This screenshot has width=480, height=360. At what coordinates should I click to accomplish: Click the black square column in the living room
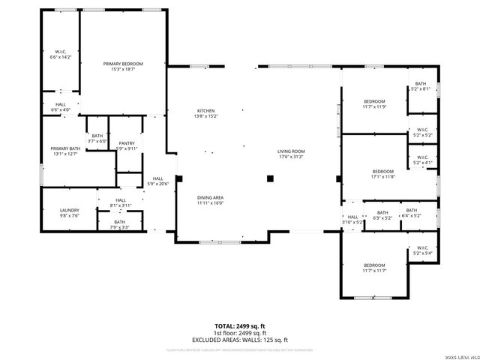pyautogui.click(x=271, y=178)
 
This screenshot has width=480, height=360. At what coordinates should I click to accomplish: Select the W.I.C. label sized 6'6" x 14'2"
pyautogui.click(x=60, y=54)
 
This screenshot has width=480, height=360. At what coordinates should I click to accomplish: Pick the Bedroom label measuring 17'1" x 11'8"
pyautogui.click(x=382, y=173)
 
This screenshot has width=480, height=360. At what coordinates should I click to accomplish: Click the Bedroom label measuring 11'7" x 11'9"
pyautogui.click(x=374, y=104)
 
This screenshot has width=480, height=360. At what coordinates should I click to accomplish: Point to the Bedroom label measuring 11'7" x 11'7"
pyautogui.click(x=374, y=268)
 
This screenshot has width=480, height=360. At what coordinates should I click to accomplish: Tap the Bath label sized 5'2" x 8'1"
pyautogui.click(x=420, y=86)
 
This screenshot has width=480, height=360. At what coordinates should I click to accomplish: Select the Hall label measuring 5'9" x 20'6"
pyautogui.click(x=157, y=181)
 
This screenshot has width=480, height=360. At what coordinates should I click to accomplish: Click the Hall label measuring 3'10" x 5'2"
pyautogui.click(x=352, y=219)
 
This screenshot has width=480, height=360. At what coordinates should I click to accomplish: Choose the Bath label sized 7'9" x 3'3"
pyautogui.click(x=120, y=224)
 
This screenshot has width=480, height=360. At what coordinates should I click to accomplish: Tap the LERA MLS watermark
pyautogui.click(x=460, y=355)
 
